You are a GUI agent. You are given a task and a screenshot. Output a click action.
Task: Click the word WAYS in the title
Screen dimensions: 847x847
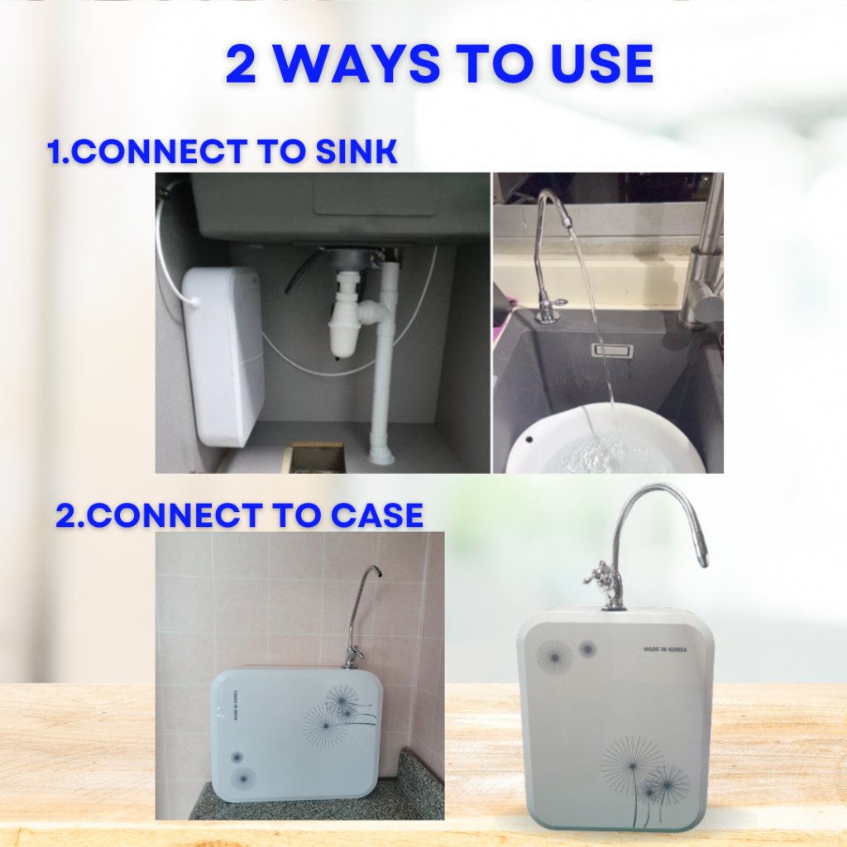pyautogui.click(x=356, y=64)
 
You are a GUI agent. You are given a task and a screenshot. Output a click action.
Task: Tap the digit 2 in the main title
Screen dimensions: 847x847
pyautogui.click(x=241, y=65)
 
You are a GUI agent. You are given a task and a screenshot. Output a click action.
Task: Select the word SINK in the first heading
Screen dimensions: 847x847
pyautogui.click(x=356, y=151)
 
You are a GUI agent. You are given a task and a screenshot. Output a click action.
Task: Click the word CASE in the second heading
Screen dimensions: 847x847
pyautogui.click(x=376, y=514)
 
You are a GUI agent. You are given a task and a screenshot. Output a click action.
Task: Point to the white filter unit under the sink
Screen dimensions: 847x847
pyautogui.click(x=223, y=356)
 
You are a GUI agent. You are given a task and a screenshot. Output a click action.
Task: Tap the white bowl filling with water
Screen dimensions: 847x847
pyautogui.click(x=605, y=438)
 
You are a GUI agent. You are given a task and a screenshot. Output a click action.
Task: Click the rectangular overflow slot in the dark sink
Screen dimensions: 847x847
pyautogui.click(x=612, y=350)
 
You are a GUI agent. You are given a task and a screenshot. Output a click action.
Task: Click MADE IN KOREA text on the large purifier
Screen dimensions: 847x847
pyautogui.click(x=665, y=649)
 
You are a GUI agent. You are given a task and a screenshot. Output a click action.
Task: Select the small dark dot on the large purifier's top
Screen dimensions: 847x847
pyautogui.click(x=587, y=648)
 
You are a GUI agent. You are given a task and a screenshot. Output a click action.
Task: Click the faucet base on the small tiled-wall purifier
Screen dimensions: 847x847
pyautogui.click(x=353, y=659)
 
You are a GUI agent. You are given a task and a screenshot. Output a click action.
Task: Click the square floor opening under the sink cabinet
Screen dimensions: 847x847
pyautogui.click(x=317, y=457)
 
